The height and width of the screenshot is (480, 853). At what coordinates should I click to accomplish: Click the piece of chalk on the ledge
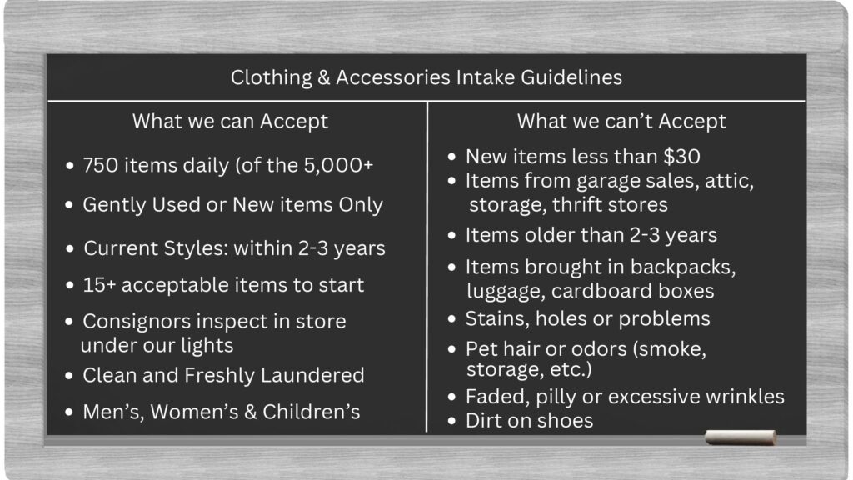741,437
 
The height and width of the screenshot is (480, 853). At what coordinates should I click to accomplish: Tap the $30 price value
681,157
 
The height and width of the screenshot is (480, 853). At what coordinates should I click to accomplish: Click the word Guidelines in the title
571,77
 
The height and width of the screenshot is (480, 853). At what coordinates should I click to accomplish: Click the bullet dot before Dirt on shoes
451,421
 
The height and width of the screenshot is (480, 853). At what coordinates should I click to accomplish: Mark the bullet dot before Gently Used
69,205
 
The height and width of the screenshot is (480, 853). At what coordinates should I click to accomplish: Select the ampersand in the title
324,77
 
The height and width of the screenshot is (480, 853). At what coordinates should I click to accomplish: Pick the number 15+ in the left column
99,285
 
